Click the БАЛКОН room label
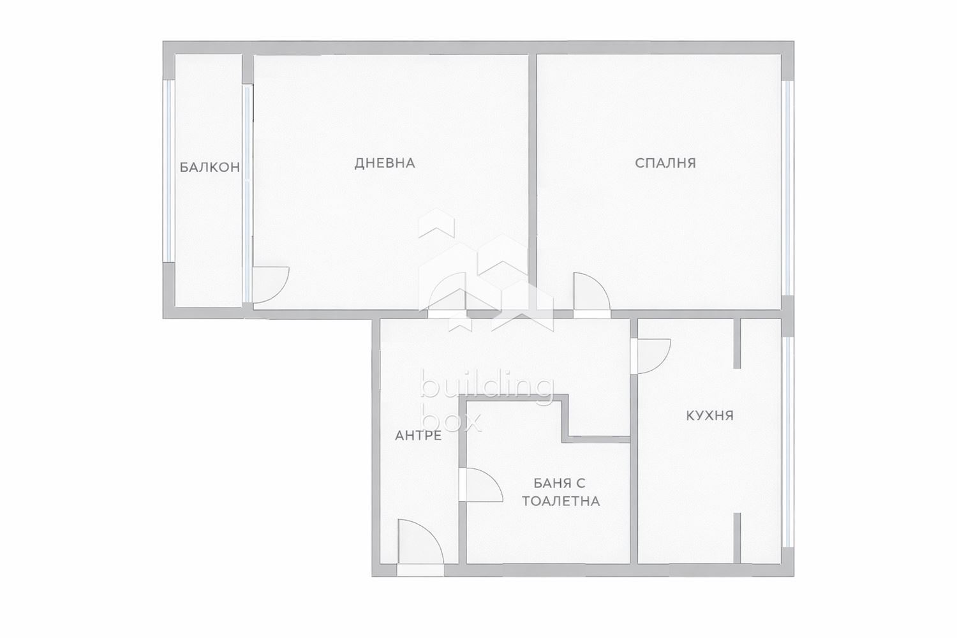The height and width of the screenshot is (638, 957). click(x=210, y=167)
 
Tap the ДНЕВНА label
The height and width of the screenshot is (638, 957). click(x=385, y=163)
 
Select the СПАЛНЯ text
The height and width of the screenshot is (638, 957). click(x=665, y=163)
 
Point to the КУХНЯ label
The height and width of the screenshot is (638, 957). click(x=709, y=415)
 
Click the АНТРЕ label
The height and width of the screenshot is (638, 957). click(x=419, y=436)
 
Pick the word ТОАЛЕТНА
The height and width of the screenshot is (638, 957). click(x=561, y=501)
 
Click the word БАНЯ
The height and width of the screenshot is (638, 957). click(x=547, y=484)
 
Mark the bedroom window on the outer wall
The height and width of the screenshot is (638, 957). click(x=788, y=188)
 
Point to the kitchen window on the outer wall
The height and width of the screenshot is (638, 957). click(x=788, y=442)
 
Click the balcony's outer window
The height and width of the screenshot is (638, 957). click(x=169, y=171)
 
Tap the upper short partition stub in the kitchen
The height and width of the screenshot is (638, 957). click(x=737, y=343)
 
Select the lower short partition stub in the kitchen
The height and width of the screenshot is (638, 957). click(x=737, y=538)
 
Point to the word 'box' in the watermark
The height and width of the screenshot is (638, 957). click(x=451, y=421)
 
